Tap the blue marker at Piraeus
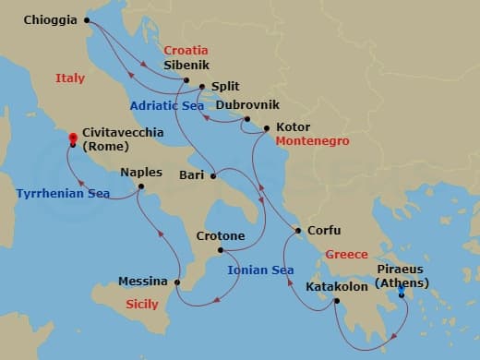tap(402, 294)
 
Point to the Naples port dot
tap(140, 187)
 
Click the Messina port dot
tap(174, 282)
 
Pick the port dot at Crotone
tap(220, 250)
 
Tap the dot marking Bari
tap(213, 175)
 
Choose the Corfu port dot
tap(297, 231)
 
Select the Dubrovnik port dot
tap(246, 119)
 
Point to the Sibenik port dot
tap(186, 80)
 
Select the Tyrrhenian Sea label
tap(63, 194)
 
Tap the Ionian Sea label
tap(260, 270)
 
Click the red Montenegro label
tap(313, 140)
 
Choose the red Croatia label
tap(186, 50)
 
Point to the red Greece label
tap(346, 254)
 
